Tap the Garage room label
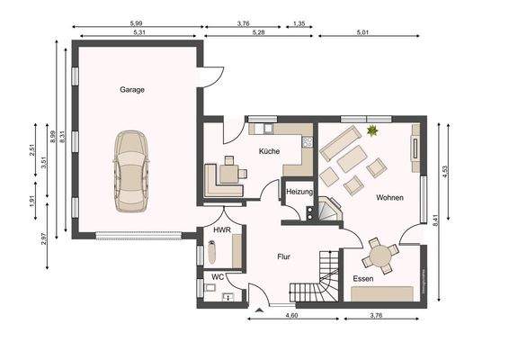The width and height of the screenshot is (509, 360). (132, 90)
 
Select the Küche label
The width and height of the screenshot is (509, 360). (270, 151)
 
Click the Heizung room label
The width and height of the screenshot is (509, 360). (299, 192)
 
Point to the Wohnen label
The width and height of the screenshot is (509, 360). (389, 197)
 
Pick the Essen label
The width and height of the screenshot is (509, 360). (363, 279)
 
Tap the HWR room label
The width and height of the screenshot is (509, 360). (221, 230)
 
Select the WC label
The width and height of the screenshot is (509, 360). (218, 276)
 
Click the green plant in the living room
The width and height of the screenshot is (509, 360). (371, 132)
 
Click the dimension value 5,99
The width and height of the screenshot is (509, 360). (137, 22)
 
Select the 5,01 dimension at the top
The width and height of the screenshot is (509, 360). (363, 33)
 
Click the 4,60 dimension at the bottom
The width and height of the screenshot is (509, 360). (291, 315)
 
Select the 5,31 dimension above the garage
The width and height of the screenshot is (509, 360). (137, 33)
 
